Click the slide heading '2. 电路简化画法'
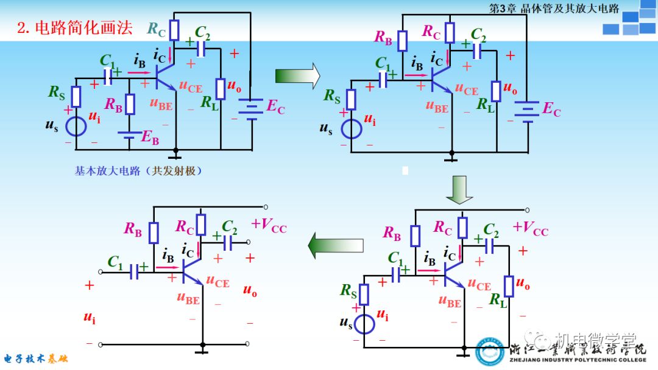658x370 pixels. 75,28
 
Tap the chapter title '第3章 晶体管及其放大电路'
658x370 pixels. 554,8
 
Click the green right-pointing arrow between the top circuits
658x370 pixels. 297,76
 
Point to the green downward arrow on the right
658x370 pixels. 459,190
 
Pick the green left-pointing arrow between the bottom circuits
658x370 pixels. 335,246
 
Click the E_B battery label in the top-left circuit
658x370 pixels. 149,138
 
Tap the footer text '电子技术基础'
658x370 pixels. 36,358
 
